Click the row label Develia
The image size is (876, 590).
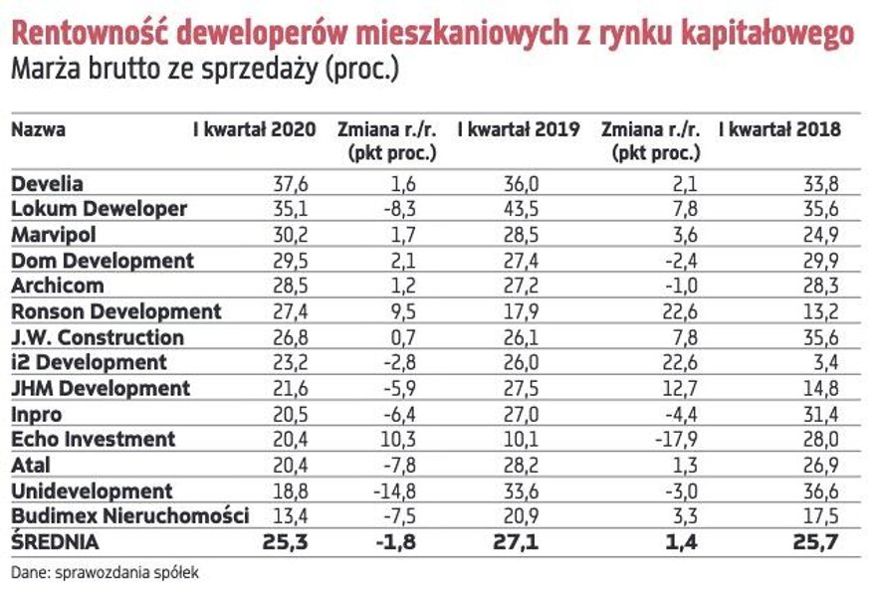click(x=47, y=184)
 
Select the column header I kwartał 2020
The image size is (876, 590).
click(x=254, y=129)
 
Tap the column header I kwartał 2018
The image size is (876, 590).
click(x=779, y=129)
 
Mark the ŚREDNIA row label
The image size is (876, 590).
click(x=56, y=543)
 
